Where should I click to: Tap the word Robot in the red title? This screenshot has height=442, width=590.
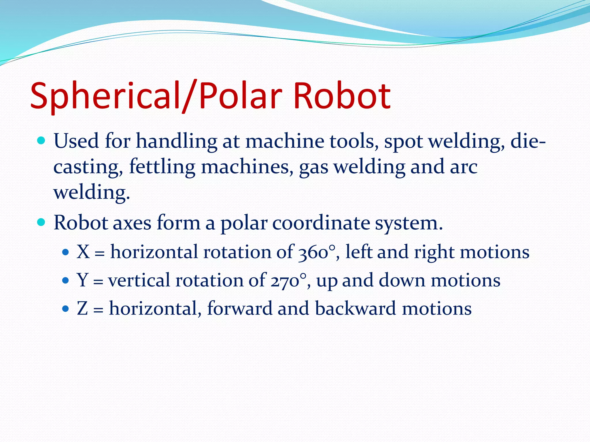click(342, 96)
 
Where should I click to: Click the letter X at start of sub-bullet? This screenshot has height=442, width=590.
click(83, 252)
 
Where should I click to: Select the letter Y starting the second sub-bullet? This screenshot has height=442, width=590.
click(82, 280)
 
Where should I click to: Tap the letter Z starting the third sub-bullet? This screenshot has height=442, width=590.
click(82, 308)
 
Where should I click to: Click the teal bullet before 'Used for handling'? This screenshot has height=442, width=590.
click(41, 141)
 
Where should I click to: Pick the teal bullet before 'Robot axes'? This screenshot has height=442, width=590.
click(41, 222)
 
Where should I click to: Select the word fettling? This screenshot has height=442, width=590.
click(162, 167)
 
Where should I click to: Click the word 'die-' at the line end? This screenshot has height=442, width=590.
click(528, 141)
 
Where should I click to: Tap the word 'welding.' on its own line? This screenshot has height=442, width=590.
click(92, 193)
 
